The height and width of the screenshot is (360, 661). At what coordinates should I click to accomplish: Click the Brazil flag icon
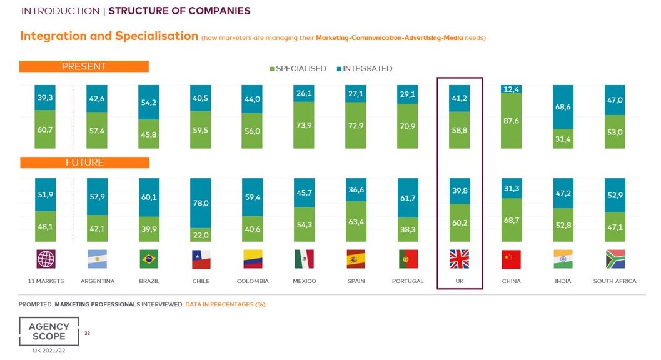point(149,259)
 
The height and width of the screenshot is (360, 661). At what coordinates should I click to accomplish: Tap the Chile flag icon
point(201,259)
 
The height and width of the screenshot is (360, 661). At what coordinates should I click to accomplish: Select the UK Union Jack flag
point(460,259)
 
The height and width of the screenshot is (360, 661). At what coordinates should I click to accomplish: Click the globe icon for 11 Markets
point(46,259)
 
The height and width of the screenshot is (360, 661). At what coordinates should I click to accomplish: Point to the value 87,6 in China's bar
point(511,120)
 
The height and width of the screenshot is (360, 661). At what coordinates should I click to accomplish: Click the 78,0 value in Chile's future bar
point(201,203)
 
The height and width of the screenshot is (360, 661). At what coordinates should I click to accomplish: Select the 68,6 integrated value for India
point(563,107)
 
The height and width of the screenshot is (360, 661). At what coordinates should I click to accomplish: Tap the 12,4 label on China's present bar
point(511,89)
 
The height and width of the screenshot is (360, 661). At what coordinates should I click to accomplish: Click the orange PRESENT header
point(84,66)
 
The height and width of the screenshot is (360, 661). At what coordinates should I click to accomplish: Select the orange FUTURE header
point(84,162)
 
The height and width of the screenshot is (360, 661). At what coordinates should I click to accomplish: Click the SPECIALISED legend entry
point(298,69)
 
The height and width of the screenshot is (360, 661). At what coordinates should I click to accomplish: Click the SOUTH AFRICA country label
point(614,281)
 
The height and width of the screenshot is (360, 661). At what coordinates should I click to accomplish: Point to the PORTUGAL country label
point(408,281)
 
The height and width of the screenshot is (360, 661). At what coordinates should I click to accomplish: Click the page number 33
point(87,334)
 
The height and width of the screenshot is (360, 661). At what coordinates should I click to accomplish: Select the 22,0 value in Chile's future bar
point(201,234)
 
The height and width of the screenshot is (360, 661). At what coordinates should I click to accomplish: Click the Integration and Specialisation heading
point(109,36)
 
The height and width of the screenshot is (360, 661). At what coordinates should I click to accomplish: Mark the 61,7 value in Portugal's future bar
point(408,198)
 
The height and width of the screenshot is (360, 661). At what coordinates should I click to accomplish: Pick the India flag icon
point(563,259)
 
